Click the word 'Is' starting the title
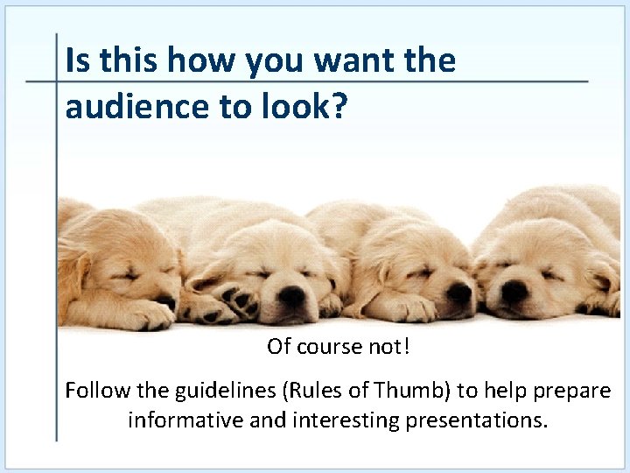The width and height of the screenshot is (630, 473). click(78, 60)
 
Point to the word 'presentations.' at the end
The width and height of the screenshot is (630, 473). click(476, 420)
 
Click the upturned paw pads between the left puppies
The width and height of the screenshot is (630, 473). click(234, 298)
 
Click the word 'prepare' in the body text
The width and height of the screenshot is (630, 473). click(576, 391)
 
